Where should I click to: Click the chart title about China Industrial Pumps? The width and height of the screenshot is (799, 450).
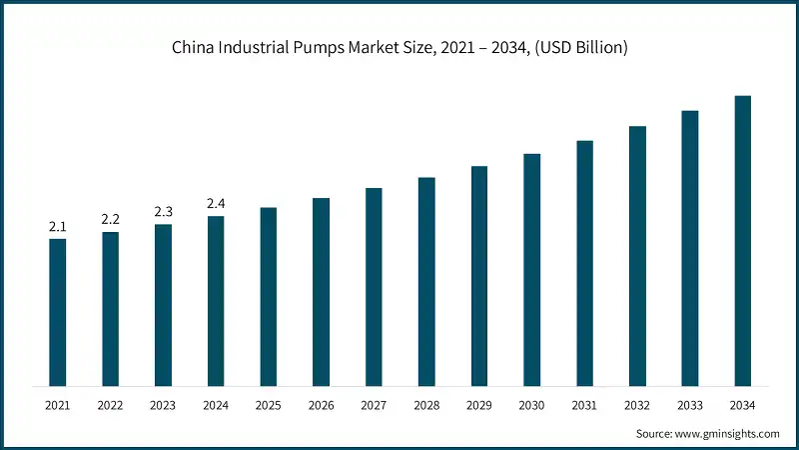click(399, 48)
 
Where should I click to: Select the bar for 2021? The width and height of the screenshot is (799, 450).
click(58, 312)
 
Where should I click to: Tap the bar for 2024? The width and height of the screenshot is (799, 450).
click(216, 300)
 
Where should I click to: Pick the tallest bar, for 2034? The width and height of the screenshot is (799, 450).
click(742, 240)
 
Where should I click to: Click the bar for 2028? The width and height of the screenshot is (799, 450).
click(426, 281)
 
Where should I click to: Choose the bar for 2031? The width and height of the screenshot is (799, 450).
click(584, 263)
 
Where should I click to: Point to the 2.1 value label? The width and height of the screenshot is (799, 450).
click(58, 227)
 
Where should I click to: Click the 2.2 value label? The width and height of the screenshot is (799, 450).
click(110, 220)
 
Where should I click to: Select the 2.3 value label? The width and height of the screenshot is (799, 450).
click(163, 212)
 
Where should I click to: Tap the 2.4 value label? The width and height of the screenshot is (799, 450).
click(216, 204)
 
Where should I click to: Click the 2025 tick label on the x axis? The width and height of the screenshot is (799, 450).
click(268, 405)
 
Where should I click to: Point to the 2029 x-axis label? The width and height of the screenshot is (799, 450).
click(479, 405)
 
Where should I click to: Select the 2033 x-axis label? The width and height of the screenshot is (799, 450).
click(689, 405)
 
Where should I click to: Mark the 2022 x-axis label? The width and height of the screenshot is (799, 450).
click(110, 405)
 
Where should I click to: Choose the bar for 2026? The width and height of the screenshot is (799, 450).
click(321, 291)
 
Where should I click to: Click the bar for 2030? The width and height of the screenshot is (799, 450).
click(531, 269)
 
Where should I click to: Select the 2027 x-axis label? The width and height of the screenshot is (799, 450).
click(374, 405)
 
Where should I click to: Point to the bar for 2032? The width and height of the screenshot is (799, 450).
click(637, 256)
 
